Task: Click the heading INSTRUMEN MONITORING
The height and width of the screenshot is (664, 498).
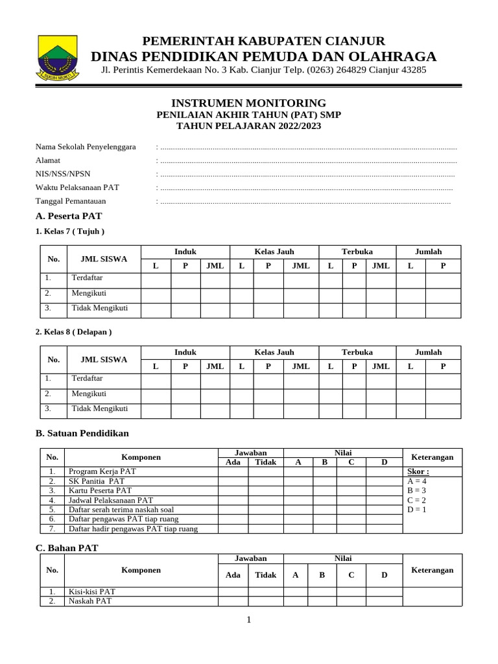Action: point(248,103)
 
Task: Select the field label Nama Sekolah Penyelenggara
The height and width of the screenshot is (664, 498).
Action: point(86,147)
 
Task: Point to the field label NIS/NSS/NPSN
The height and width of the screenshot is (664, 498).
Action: point(64,174)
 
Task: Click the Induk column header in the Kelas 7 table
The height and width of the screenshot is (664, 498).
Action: point(185,252)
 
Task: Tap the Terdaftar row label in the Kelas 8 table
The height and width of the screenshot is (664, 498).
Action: point(87,378)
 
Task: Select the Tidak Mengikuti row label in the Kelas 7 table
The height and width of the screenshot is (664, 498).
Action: point(99,308)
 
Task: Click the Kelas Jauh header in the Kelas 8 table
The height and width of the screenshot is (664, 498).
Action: point(274,352)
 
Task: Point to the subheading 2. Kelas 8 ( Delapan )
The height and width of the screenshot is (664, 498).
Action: point(73,332)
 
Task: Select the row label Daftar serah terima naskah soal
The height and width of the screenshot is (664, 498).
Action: point(121,510)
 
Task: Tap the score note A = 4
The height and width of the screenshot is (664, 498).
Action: point(417,481)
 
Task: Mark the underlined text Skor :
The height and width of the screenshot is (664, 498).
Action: point(418,471)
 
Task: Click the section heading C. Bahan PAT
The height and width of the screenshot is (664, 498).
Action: point(67,548)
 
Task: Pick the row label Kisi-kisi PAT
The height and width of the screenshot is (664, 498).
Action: point(91,591)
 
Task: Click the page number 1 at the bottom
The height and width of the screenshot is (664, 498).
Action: point(248,620)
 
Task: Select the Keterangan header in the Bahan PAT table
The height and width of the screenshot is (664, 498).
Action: point(433,570)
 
